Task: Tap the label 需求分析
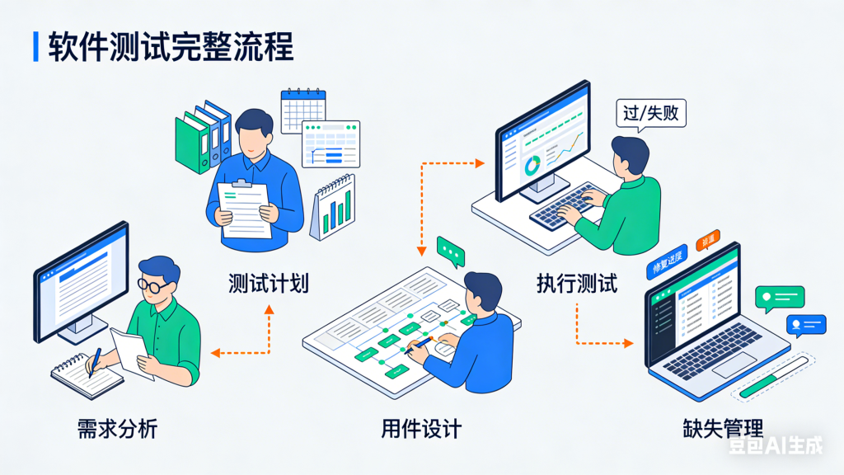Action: click(x=117, y=429)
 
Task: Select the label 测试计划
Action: click(x=269, y=284)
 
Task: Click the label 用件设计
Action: click(x=421, y=429)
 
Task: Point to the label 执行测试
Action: click(x=576, y=284)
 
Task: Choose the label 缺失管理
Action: click(x=723, y=429)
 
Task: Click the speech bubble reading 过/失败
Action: click(x=651, y=113)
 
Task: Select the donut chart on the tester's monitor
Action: click(x=532, y=164)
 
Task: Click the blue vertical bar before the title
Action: click(x=35, y=47)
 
